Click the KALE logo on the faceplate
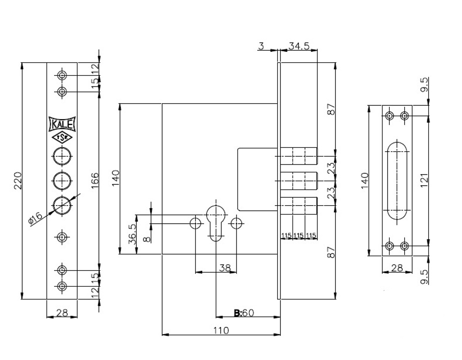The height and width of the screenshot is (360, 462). [x=62, y=124]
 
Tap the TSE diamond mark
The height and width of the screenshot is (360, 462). [x=62, y=138]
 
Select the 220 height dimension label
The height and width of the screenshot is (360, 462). [x=18, y=181]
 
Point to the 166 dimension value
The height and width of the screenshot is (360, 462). [x=95, y=181]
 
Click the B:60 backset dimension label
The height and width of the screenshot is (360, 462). [x=243, y=312]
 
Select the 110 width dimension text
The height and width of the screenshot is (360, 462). [x=221, y=330]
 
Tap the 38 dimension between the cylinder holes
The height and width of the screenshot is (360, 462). [x=225, y=268]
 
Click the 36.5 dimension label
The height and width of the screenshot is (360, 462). [x=132, y=234]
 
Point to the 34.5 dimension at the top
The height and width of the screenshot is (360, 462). [x=299, y=46]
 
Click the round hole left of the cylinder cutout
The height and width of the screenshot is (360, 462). [x=195, y=224]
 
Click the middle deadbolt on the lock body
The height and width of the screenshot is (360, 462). [x=299, y=181]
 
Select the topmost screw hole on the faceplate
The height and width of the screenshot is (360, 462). [x=62, y=75]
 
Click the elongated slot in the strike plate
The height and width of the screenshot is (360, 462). [x=397, y=180]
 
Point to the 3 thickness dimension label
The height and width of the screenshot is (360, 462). [x=261, y=46]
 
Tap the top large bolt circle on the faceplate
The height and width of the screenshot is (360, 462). [x=62, y=156]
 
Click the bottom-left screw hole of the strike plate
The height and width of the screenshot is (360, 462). [x=390, y=245]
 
